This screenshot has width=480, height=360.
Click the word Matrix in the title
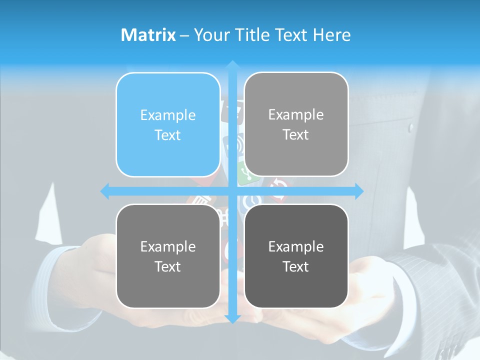[148, 35]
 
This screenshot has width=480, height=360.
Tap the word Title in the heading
[252, 35]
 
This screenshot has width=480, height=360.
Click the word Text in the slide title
[291, 35]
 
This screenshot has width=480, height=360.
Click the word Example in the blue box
[168, 115]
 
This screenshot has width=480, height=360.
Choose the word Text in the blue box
[168, 135]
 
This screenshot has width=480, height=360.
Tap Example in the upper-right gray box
[296, 114]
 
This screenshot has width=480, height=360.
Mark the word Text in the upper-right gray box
[296, 134]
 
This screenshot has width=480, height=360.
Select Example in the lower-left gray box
[168, 246]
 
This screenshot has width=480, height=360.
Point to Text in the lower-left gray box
[168, 266]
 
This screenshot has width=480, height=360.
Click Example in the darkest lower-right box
[296, 246]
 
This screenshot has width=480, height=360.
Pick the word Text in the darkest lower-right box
[296, 266]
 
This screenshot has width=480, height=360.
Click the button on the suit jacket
[411, 127]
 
